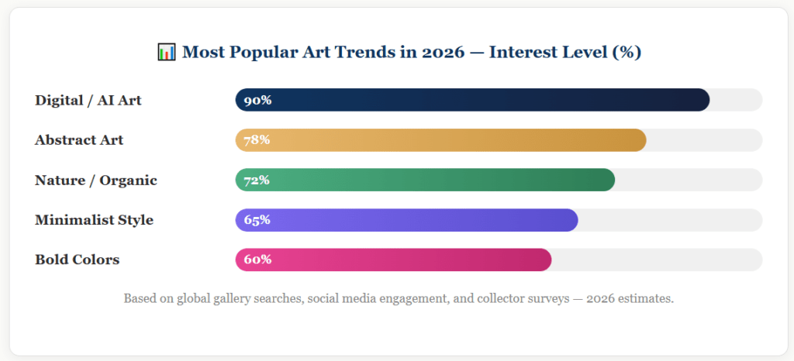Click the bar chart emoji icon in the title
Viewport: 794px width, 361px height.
(167, 53)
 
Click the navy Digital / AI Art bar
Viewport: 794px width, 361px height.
(473, 100)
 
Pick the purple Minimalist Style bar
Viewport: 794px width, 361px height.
(406, 220)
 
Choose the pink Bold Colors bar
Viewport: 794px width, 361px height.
(393, 260)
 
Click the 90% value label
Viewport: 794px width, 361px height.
(257, 100)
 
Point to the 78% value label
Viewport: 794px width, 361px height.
(257, 140)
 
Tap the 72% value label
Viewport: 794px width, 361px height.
(257, 180)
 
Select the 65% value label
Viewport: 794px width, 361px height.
(257, 220)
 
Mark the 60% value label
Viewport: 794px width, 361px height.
(257, 260)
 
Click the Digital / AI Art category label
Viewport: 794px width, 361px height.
(88, 100)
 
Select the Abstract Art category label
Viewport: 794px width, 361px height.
(79, 140)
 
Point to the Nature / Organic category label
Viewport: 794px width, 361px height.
(96, 180)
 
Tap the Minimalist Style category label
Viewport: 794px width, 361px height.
(94, 220)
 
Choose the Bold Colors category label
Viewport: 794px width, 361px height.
(78, 260)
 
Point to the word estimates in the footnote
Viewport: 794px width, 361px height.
(644, 298)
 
